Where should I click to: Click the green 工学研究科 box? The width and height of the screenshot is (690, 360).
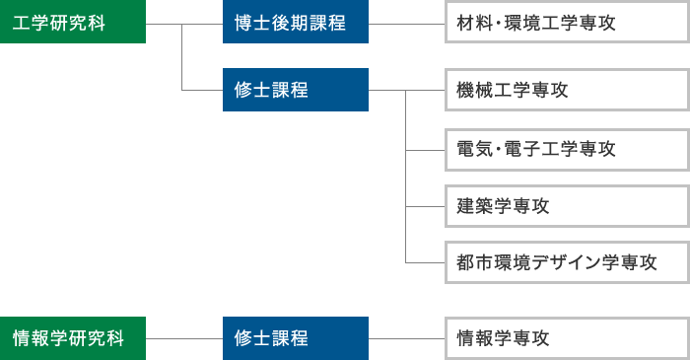(73, 22)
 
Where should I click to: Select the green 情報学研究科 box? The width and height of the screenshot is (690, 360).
(73, 338)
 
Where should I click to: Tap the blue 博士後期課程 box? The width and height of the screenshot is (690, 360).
(296, 22)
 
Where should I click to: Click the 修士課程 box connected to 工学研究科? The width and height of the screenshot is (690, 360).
(296, 90)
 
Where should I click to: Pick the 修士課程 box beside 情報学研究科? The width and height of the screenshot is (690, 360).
(296, 338)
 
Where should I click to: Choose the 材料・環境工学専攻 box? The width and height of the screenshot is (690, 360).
(565, 22)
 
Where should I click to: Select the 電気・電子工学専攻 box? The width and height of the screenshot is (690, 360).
(565, 149)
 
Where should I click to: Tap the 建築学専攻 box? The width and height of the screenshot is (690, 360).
(565, 206)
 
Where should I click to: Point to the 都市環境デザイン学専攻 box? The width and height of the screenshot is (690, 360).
(565, 263)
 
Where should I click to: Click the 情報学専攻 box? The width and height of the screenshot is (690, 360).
(565, 338)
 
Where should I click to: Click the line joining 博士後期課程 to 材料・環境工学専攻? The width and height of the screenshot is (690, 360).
(406, 22)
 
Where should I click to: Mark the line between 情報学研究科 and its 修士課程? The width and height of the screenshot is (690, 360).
(184, 338)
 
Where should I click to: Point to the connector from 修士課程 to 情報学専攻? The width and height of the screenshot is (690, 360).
(406, 338)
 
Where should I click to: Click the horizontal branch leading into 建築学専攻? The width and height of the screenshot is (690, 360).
(426, 206)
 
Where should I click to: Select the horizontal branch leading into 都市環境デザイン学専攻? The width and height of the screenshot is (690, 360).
(426, 263)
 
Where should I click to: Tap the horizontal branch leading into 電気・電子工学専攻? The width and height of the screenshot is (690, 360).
(426, 149)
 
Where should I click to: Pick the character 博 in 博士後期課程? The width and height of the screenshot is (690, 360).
(243, 22)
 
